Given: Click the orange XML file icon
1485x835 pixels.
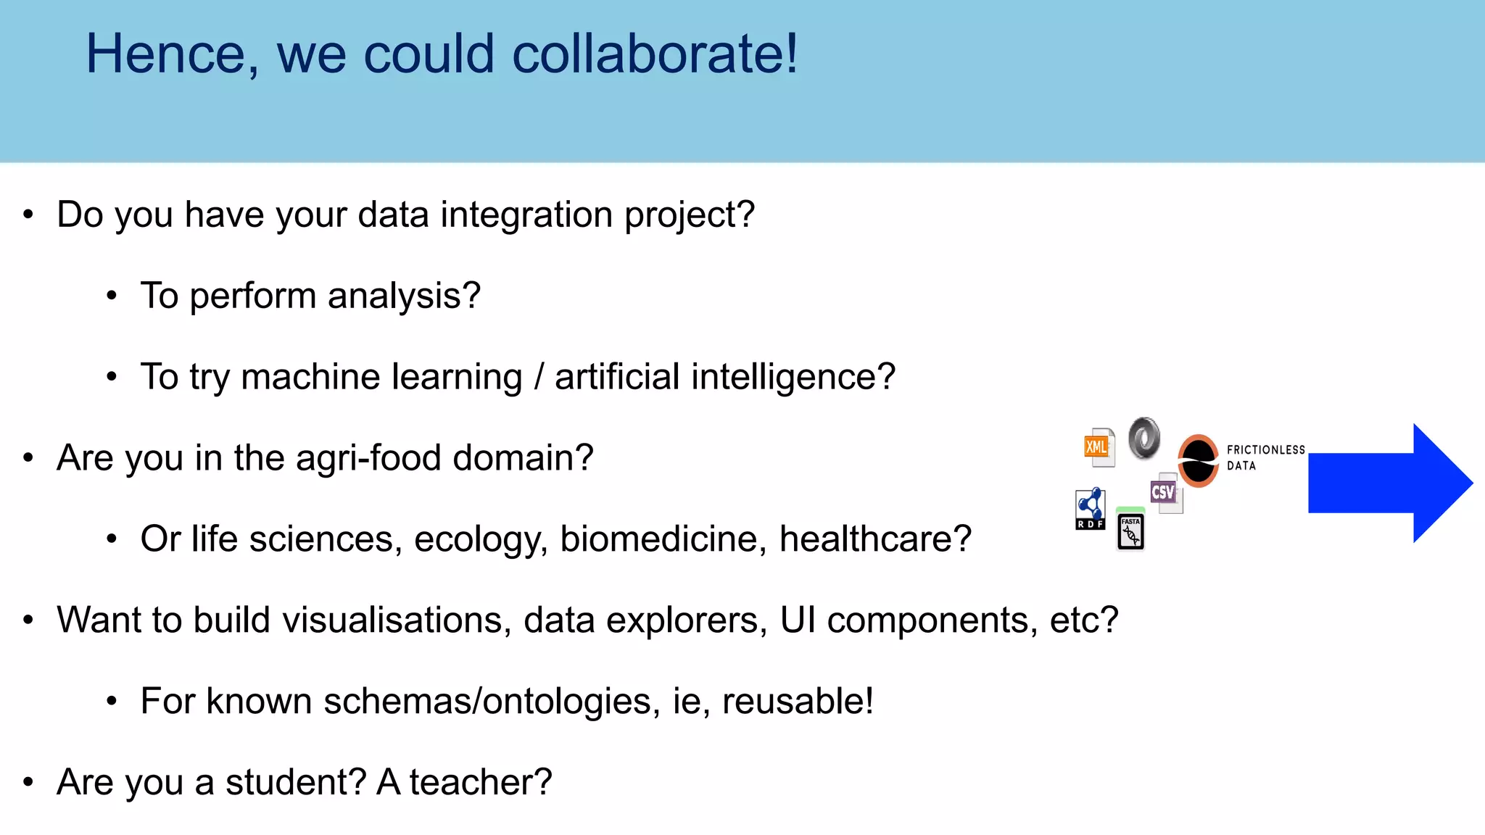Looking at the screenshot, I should click(x=1098, y=446).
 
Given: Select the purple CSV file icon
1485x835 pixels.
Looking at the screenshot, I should click(x=1165, y=493).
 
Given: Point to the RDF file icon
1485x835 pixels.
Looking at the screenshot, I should click(x=1090, y=509).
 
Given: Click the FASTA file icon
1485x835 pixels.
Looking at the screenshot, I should click(x=1130, y=531).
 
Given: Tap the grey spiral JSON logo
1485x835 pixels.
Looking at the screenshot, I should click(x=1144, y=438).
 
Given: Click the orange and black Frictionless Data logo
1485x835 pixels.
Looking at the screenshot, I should click(x=1198, y=460).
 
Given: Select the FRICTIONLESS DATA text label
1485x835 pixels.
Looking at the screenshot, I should click(x=1265, y=457).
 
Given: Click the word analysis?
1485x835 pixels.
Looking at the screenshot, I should click(x=404, y=296).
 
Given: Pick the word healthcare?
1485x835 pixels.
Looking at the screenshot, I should click(x=875, y=539).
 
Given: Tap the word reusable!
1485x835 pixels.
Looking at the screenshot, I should click(x=798, y=701).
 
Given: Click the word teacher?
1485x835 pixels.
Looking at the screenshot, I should click(x=481, y=782).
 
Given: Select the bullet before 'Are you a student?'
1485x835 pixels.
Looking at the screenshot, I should click(x=28, y=782).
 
